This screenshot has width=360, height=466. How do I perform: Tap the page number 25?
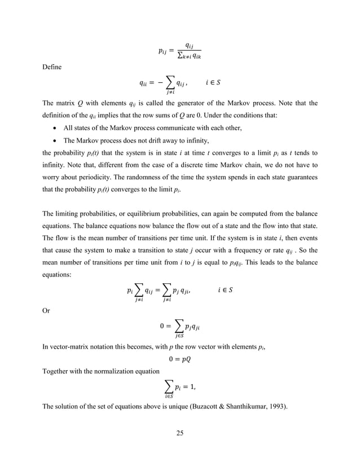tap(180, 433)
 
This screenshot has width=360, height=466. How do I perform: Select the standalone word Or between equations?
tap(47, 308)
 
